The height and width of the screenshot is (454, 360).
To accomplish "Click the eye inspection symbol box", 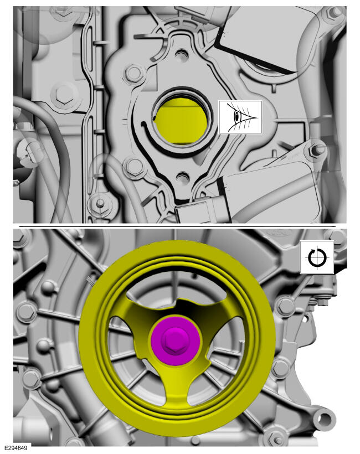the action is [240, 117].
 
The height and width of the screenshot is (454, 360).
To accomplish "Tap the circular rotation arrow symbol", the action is [317, 257].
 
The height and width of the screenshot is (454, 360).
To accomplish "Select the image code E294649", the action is [16, 448].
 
